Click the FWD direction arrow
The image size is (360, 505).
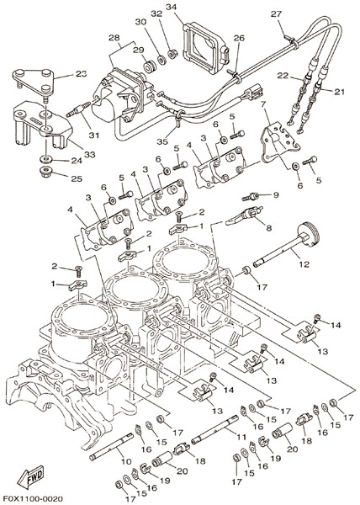(x=31, y=476)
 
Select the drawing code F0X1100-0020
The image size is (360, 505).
(x=33, y=498)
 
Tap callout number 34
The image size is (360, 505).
(x=172, y=7)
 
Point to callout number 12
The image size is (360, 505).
(x=304, y=264)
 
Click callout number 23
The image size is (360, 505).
(x=82, y=74)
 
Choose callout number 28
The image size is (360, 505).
(x=114, y=38)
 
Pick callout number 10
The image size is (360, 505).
(x=126, y=461)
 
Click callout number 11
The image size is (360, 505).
(x=241, y=438)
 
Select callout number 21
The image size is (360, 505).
(x=339, y=92)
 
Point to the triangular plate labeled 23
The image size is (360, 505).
(x=34, y=82)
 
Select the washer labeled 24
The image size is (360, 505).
(x=45, y=159)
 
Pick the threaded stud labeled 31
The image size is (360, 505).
(x=78, y=109)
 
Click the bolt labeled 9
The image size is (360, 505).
(x=251, y=196)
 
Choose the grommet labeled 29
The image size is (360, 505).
(x=149, y=66)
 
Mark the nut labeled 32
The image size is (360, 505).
(x=173, y=54)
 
